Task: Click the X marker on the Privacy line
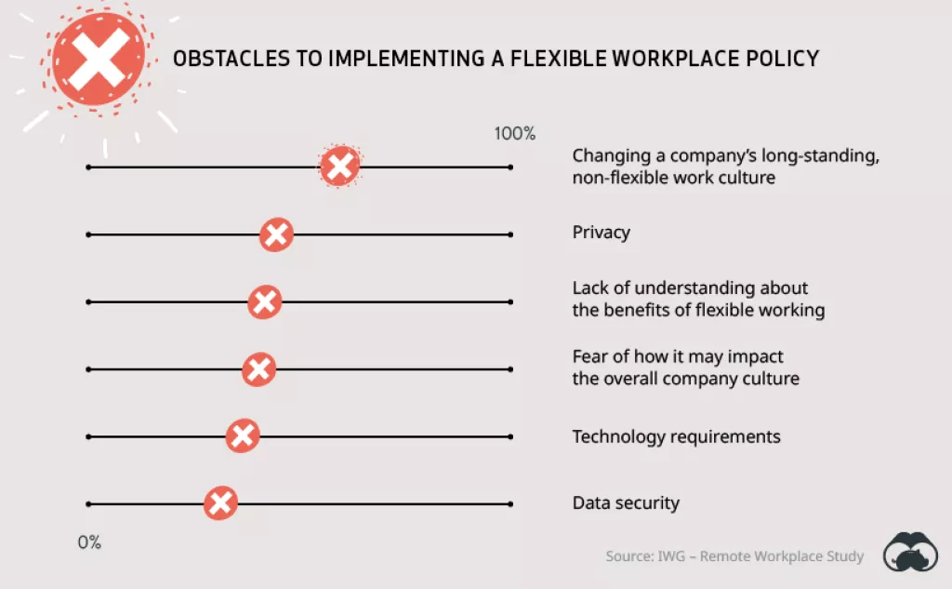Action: click(275, 234)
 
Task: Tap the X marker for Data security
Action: click(220, 503)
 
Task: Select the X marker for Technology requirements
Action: click(243, 435)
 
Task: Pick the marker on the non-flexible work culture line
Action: click(340, 167)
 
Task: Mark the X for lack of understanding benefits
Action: click(265, 301)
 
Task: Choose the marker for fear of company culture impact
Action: click(258, 369)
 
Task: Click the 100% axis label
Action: click(515, 133)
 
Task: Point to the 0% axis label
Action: click(89, 542)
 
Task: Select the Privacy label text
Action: click(601, 233)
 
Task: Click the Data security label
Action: click(626, 503)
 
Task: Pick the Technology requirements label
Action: click(676, 436)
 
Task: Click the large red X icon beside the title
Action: click(99, 60)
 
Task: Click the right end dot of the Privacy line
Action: click(510, 234)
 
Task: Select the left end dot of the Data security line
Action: click(87, 503)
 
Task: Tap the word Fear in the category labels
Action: click(589, 356)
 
